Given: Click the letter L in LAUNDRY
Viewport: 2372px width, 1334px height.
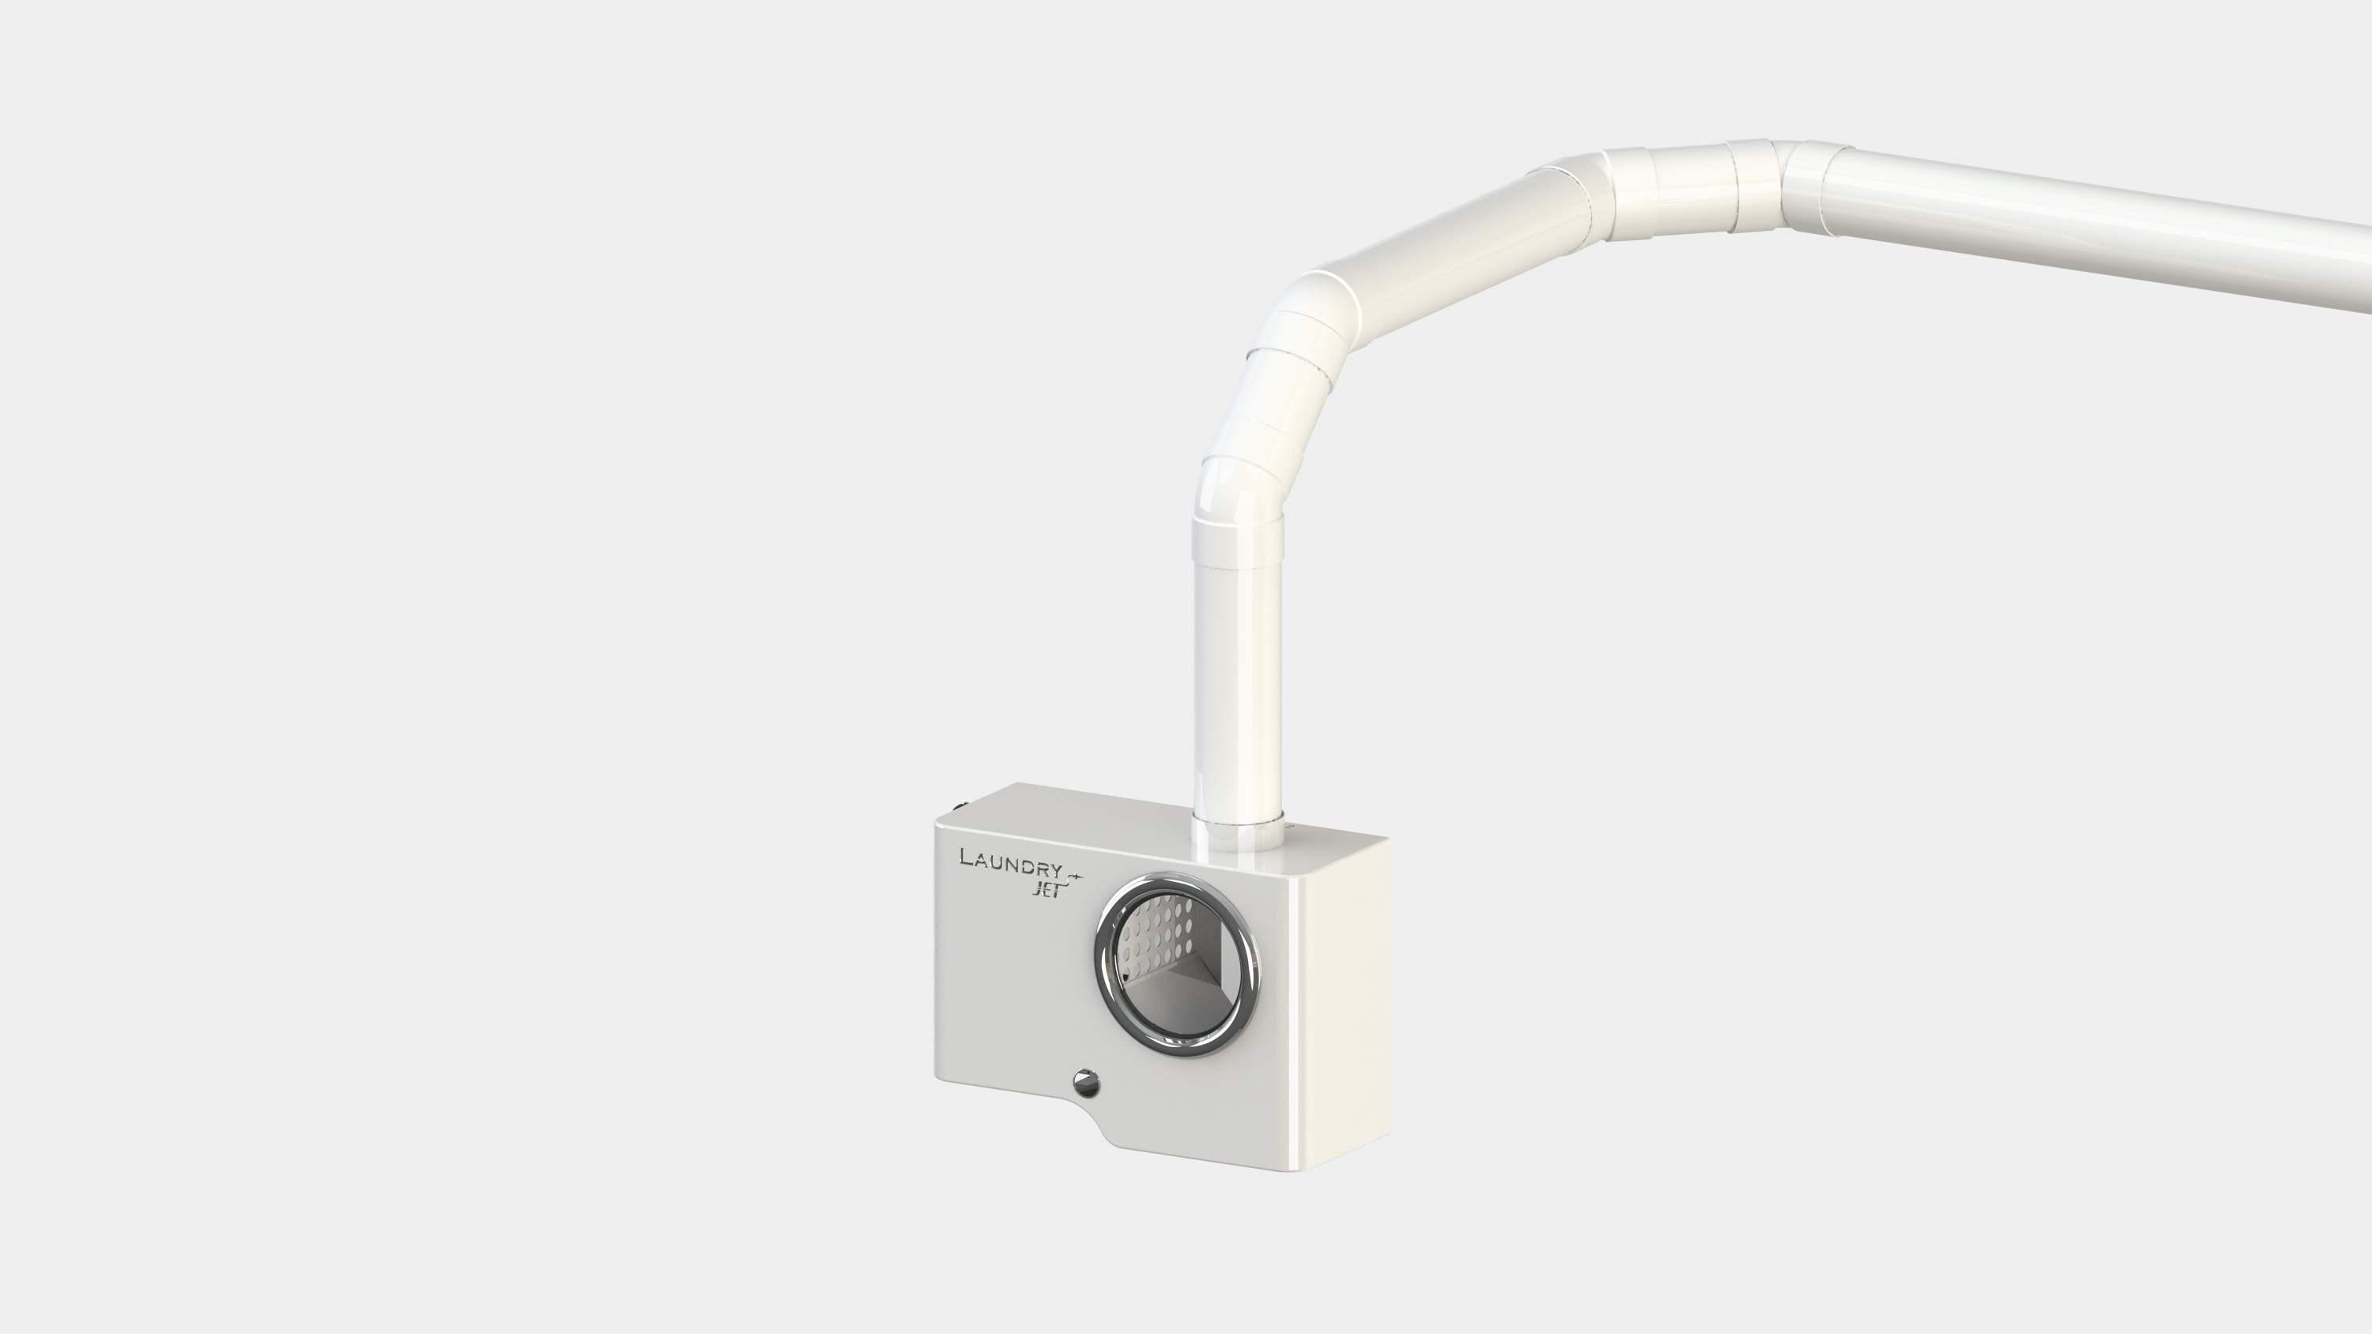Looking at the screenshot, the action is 967,857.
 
